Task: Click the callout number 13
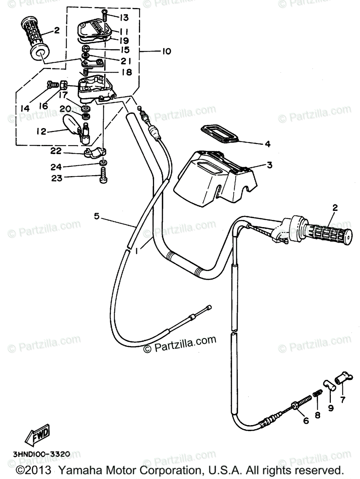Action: (x=113, y=17)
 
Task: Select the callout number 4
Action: (x=267, y=144)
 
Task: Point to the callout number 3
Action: (x=270, y=165)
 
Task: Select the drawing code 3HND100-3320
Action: (x=36, y=454)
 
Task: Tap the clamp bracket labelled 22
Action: (x=95, y=152)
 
